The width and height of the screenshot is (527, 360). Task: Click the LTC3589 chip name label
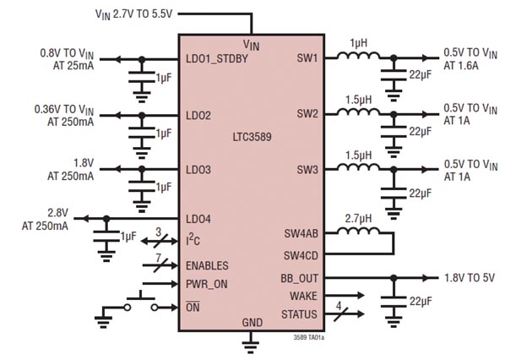(x=252, y=137)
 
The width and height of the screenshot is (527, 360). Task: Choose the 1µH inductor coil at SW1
(x=359, y=57)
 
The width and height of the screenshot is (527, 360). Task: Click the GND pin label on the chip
(x=252, y=323)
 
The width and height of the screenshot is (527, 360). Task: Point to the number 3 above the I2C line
(x=157, y=231)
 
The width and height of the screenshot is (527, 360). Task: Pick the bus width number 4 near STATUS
(x=339, y=305)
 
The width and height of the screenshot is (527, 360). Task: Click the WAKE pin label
(x=303, y=296)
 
